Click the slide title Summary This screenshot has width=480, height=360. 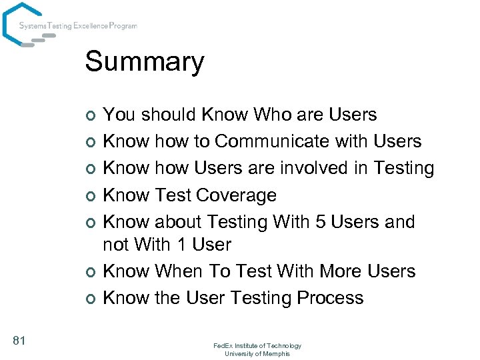[144, 62]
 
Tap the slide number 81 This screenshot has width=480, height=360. [19, 341]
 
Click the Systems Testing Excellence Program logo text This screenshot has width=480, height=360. [78, 26]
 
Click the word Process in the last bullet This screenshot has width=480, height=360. [329, 297]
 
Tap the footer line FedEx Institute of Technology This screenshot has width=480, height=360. [257, 345]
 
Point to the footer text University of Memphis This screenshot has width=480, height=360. [257, 353]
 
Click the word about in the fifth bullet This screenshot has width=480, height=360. [179, 221]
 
